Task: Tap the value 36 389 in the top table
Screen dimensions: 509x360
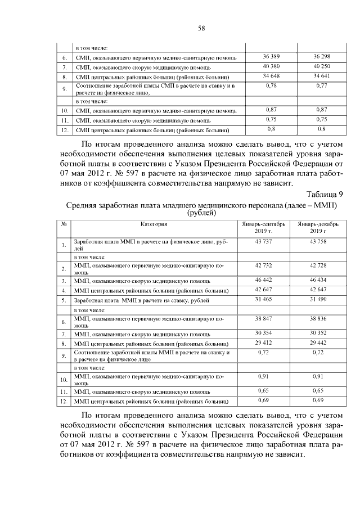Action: (272, 57)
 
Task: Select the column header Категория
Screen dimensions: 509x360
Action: (154, 224)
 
